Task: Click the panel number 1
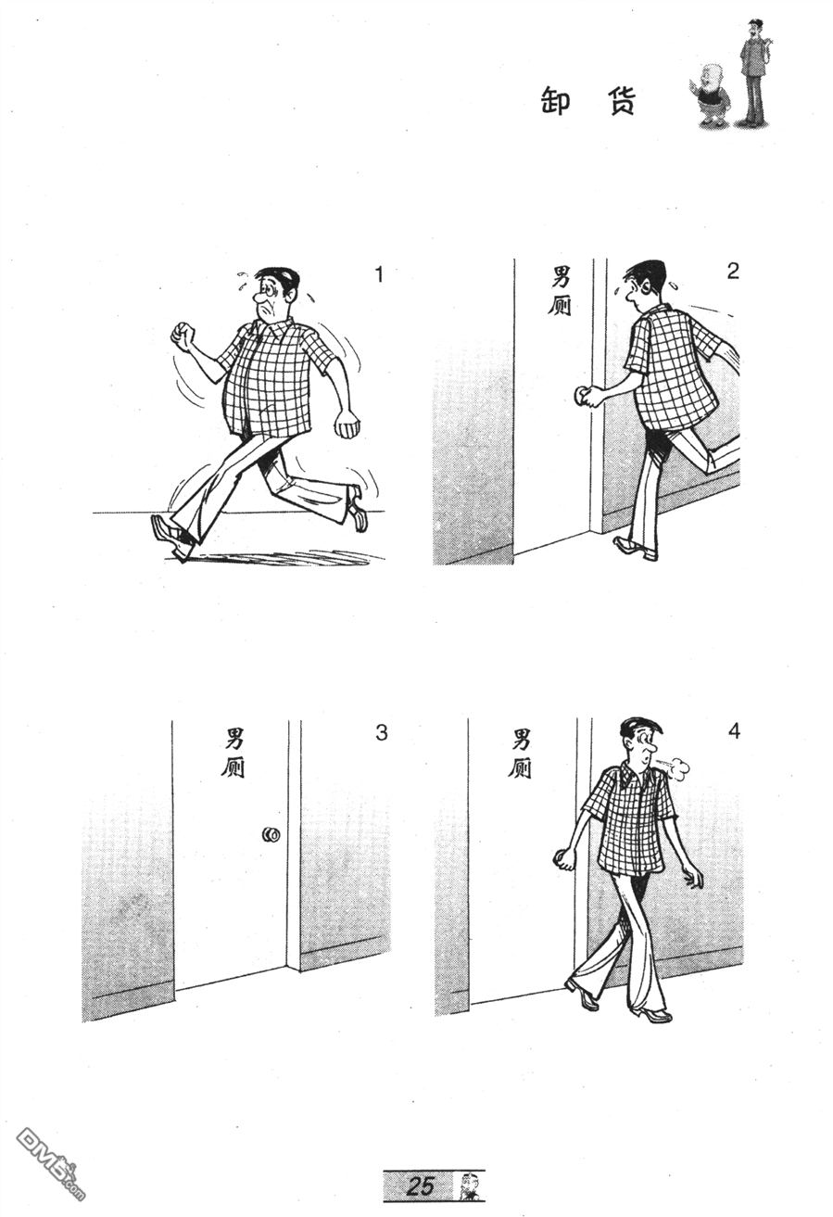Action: [379, 275]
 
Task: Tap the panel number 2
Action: [733, 271]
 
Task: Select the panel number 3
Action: [381, 733]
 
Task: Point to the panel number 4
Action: [734, 731]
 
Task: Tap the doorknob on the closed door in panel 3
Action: [271, 834]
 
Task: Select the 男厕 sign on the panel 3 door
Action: [233, 753]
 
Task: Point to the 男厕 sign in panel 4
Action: [520, 753]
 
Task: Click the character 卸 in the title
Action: [556, 100]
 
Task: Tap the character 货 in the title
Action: [620, 100]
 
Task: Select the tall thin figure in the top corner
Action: [755, 71]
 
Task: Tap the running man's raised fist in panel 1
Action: [183, 336]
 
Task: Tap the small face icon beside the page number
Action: [467, 1185]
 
